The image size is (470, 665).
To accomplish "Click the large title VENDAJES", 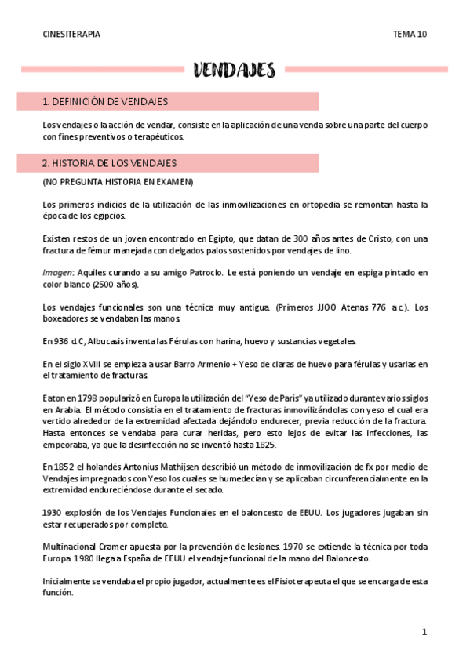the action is tap(235, 71).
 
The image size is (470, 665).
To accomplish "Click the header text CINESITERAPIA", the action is tap(71, 35).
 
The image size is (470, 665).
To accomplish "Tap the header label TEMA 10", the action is tap(410, 35).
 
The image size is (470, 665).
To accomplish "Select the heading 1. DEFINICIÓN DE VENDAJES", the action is tap(104, 101).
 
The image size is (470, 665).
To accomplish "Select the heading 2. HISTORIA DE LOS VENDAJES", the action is tap(109, 163).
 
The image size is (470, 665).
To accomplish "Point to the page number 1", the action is tap(424, 631).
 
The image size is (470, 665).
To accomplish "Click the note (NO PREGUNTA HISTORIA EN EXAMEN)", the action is tap(118, 182).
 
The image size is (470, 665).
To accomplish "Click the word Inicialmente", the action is tap(69, 581).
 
